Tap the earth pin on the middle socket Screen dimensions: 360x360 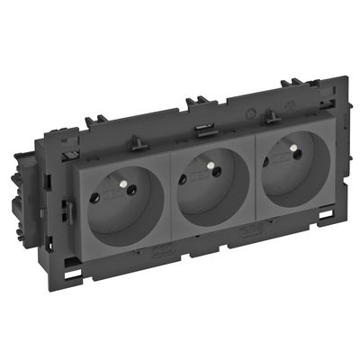(212, 167)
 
